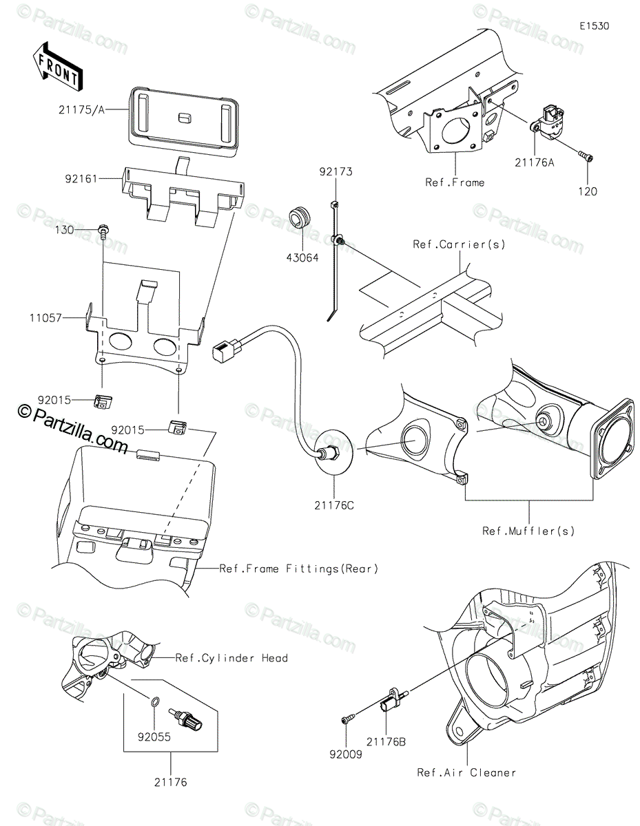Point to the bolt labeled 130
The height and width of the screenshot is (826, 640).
(x=105, y=231)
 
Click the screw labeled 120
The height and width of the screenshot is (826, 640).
(x=584, y=160)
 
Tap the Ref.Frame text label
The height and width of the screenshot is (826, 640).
(x=454, y=182)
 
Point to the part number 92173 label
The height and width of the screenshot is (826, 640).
(x=335, y=171)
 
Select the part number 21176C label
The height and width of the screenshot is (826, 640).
(x=338, y=506)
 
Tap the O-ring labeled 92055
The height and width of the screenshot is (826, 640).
(x=156, y=703)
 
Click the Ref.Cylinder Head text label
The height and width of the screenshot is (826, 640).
(x=231, y=658)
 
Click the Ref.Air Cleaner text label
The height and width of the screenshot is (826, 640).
(x=466, y=772)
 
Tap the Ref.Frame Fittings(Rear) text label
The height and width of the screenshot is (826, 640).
(x=299, y=569)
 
